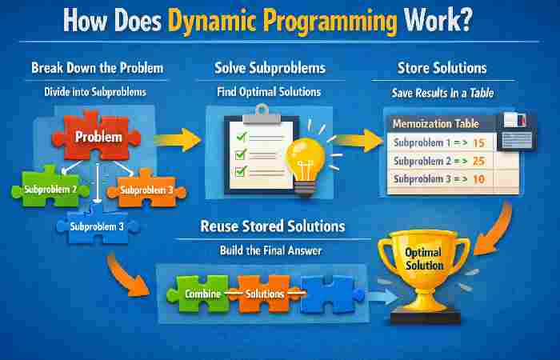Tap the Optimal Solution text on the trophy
[424, 258]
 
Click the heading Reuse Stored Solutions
[272, 227]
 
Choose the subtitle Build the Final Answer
[272, 250]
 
